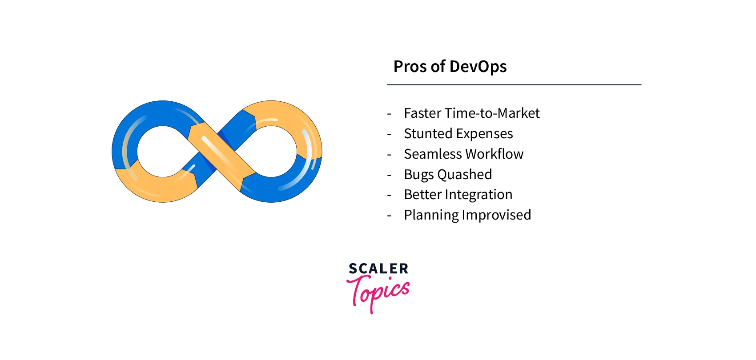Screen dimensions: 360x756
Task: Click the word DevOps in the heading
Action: point(478,67)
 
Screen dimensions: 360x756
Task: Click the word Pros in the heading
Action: point(410,67)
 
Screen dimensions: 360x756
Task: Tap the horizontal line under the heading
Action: point(514,84)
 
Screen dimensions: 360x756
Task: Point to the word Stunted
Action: point(428,134)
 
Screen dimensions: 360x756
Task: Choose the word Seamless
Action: point(433,154)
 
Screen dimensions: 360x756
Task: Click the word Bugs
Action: point(418,175)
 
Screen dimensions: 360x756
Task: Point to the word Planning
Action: point(431,215)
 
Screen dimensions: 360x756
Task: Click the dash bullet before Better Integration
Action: point(389,195)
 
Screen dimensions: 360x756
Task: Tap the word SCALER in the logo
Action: point(378,268)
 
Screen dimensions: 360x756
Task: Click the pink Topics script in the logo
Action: point(378,291)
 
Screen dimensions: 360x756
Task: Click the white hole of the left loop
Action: point(162,151)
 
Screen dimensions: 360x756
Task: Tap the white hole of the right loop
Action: point(271,151)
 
